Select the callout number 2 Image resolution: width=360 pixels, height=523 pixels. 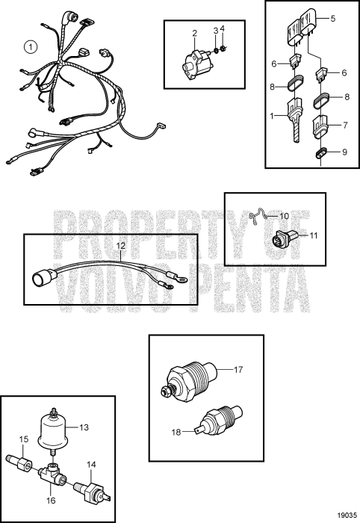[194, 33]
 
